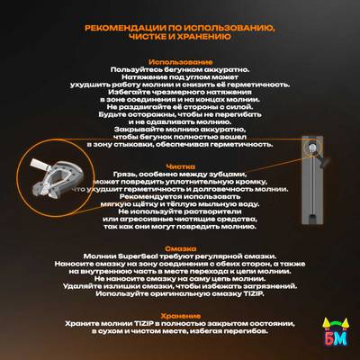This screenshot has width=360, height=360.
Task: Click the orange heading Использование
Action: pyautogui.click(x=180, y=61)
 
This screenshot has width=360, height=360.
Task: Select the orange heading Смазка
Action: pyautogui.click(x=180, y=245)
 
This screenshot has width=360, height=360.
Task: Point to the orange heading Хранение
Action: pyautogui.click(x=180, y=314)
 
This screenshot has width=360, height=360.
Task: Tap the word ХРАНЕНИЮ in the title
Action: pyautogui.click(x=207, y=39)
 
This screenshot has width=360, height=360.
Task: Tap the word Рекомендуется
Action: pyautogui.click(x=145, y=195)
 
